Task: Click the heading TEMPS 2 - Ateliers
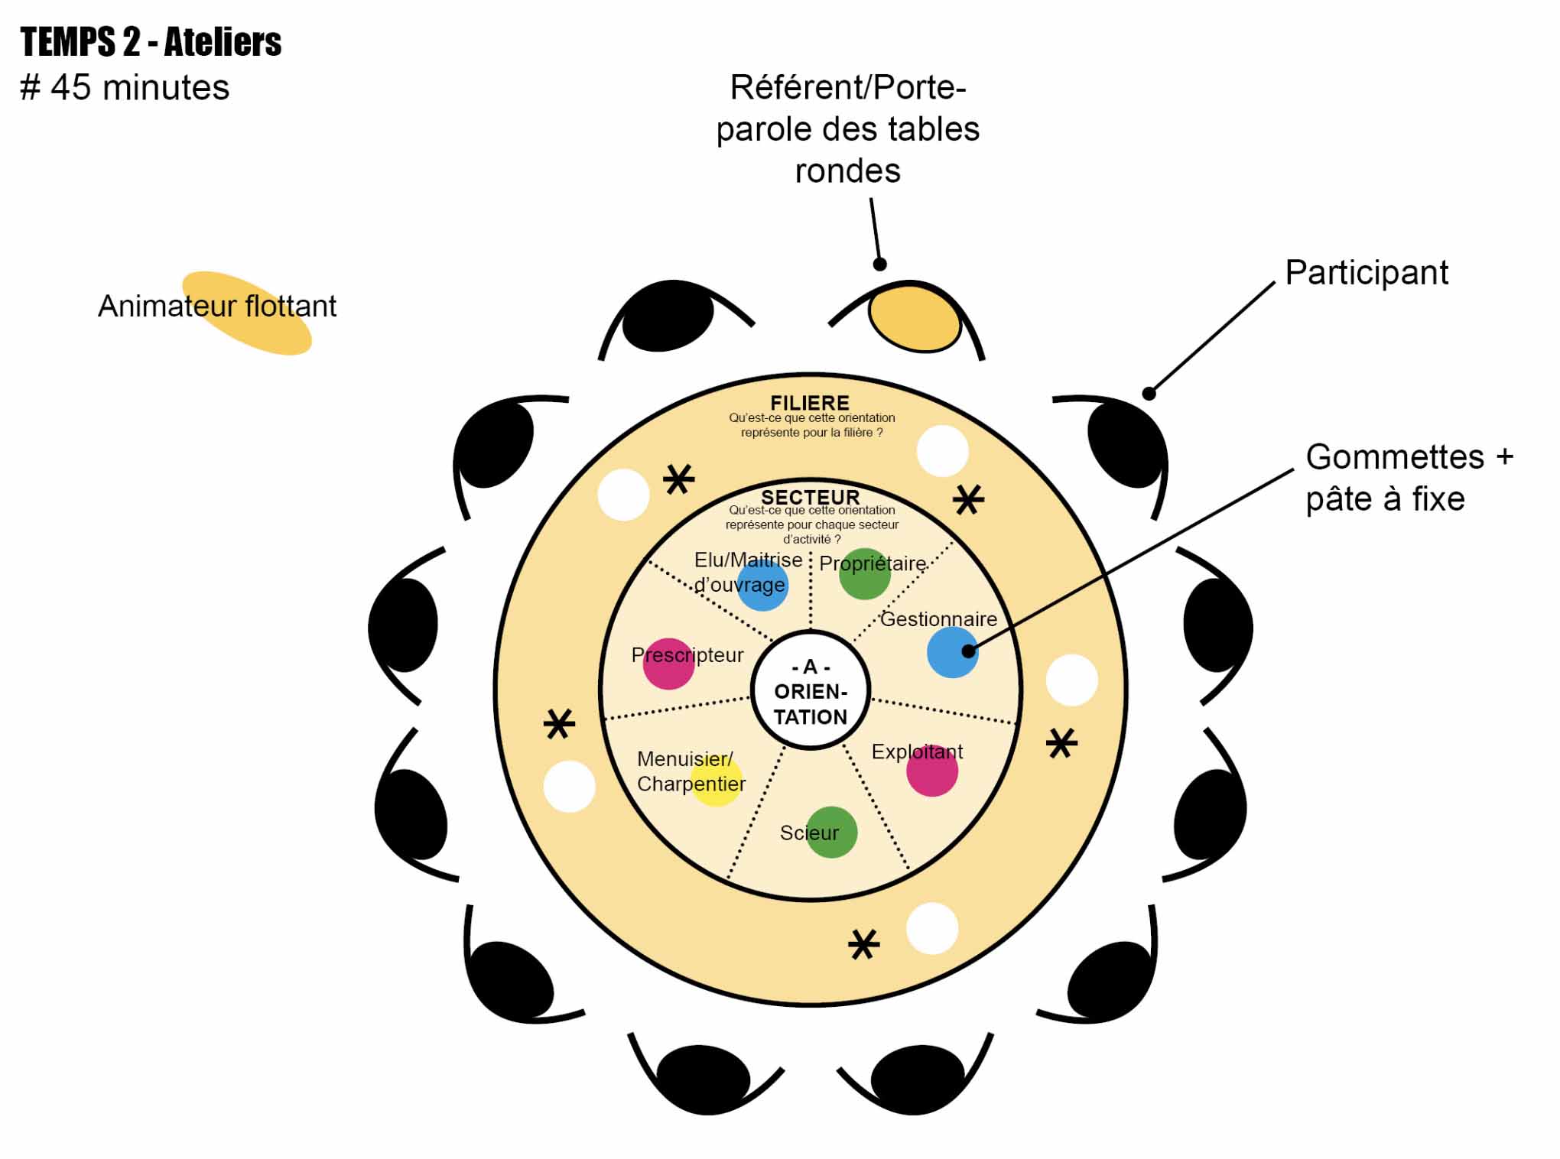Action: coord(151,42)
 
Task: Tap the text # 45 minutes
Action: coord(125,88)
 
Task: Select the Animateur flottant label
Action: coord(217,307)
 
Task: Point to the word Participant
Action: coord(1367,273)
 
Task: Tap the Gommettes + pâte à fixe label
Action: coord(1409,478)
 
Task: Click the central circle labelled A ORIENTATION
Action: coord(811,691)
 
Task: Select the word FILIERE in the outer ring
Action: coord(810,403)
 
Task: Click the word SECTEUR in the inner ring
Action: coord(811,497)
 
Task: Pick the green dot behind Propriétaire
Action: coord(865,574)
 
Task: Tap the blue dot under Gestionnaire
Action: coord(952,652)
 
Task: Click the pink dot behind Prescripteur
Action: coord(668,664)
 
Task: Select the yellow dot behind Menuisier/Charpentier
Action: coord(717,781)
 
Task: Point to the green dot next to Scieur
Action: coord(831,832)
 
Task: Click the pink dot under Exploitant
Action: coord(932,771)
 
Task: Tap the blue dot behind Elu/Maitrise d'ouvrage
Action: coord(762,585)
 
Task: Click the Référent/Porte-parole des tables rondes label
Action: coord(847,129)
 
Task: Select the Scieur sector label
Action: coord(808,833)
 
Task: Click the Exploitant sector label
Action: coord(917,752)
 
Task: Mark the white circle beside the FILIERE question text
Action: coord(942,451)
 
